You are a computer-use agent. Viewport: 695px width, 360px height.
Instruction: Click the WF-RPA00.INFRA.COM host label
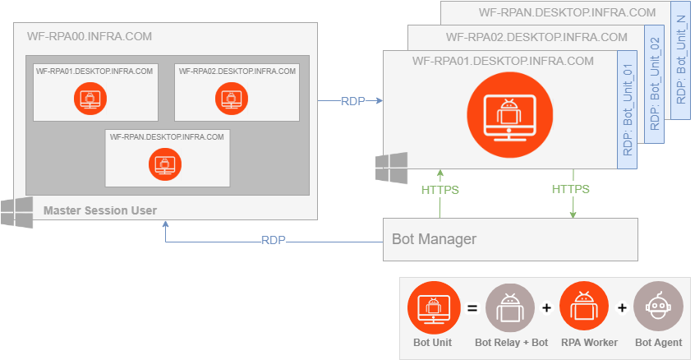tap(90, 36)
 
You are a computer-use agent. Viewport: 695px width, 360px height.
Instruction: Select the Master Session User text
tap(100, 210)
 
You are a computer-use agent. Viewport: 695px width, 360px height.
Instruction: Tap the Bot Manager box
tap(510, 239)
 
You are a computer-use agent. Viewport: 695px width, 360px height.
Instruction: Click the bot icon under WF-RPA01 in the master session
tap(90, 99)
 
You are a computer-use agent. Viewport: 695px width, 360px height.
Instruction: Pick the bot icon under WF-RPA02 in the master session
tap(232, 99)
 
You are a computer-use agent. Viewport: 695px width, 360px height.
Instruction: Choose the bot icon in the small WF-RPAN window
tap(165, 164)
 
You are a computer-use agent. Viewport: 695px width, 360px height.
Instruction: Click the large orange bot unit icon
tap(510, 113)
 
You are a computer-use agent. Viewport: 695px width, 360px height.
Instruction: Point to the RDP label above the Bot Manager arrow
tap(274, 241)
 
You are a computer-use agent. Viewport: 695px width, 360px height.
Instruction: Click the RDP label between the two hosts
tap(352, 101)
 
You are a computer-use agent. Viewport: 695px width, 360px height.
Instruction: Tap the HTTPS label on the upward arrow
tap(440, 190)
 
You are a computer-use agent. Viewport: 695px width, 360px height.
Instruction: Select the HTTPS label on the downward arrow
tap(571, 189)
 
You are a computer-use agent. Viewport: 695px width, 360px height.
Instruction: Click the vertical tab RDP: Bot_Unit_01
tap(627, 109)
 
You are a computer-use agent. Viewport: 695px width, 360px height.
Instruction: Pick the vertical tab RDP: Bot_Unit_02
tap(655, 84)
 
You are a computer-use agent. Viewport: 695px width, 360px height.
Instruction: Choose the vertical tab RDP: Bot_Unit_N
tap(681, 60)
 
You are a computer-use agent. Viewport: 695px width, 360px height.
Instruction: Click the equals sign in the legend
tap(472, 307)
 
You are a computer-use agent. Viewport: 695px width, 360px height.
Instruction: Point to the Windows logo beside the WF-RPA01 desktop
tap(391, 168)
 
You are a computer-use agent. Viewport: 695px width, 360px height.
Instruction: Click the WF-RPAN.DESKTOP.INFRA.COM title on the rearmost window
tap(567, 12)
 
